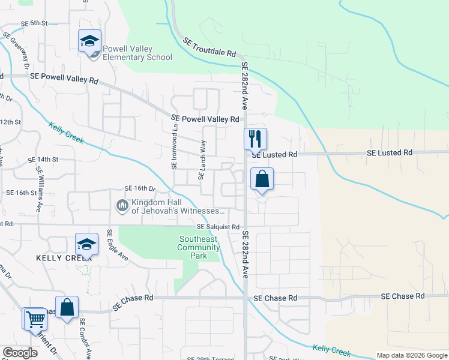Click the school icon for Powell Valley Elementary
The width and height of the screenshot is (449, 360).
89,41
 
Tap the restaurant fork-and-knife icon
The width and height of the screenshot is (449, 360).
255,139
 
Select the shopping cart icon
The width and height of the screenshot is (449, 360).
34,319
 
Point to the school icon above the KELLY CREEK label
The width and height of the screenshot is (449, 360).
86,245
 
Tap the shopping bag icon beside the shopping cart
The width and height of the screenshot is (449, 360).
67,307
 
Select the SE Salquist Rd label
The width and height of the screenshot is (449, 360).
218,227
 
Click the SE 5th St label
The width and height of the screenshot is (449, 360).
34,23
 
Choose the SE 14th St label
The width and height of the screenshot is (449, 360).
43,160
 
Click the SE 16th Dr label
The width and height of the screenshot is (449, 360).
140,188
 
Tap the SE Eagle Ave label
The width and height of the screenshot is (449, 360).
118,245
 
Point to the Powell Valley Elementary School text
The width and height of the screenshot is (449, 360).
137,53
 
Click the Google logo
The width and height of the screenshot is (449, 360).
20,353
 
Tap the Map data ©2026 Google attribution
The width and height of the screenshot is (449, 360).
412,355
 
